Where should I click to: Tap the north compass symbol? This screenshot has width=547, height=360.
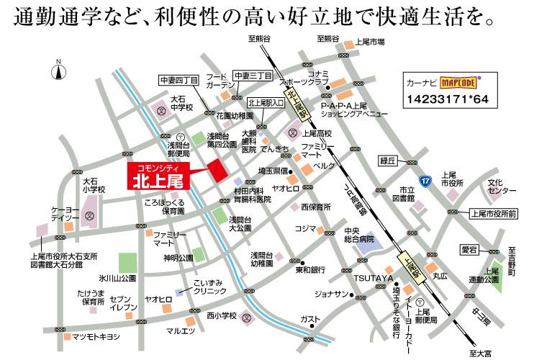point(58,71)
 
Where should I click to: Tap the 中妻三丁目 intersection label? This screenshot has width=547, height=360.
point(253,76)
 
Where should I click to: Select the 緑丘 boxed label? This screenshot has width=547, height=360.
point(388,161)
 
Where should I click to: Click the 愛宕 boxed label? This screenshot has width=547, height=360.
point(469,249)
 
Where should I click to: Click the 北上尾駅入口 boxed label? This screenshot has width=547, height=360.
point(266,103)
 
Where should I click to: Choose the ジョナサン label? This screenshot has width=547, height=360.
point(330,294)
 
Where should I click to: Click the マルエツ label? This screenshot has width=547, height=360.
point(180,331)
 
